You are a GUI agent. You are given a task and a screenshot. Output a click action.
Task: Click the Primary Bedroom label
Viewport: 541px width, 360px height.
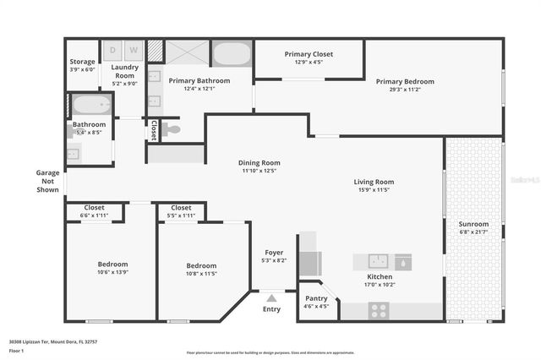405,81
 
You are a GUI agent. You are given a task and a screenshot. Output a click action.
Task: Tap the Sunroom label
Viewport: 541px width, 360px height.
473,224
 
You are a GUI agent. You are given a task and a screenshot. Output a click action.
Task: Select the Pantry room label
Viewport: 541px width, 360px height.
315,297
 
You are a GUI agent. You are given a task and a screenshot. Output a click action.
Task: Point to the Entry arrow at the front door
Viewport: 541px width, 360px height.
271,298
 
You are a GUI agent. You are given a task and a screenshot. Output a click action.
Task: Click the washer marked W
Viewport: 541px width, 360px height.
134,51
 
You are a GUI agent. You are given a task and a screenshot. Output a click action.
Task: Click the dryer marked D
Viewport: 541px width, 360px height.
115,51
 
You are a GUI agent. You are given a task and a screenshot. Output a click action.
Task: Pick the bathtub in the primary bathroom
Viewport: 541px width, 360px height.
232,53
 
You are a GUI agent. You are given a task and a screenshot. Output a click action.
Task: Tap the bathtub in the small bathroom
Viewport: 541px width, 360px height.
91,106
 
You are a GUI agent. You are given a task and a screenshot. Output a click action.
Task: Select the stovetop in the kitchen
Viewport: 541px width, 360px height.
378,310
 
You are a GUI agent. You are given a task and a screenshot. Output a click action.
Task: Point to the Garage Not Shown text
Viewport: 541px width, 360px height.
47,181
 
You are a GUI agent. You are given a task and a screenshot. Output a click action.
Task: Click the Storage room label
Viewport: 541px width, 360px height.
82,61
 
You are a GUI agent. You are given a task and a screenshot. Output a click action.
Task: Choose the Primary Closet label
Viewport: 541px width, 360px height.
309,54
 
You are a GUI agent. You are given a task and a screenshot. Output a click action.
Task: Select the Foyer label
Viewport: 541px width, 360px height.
274,252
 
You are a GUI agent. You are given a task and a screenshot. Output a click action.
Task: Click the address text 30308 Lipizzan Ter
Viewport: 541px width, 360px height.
32,341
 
